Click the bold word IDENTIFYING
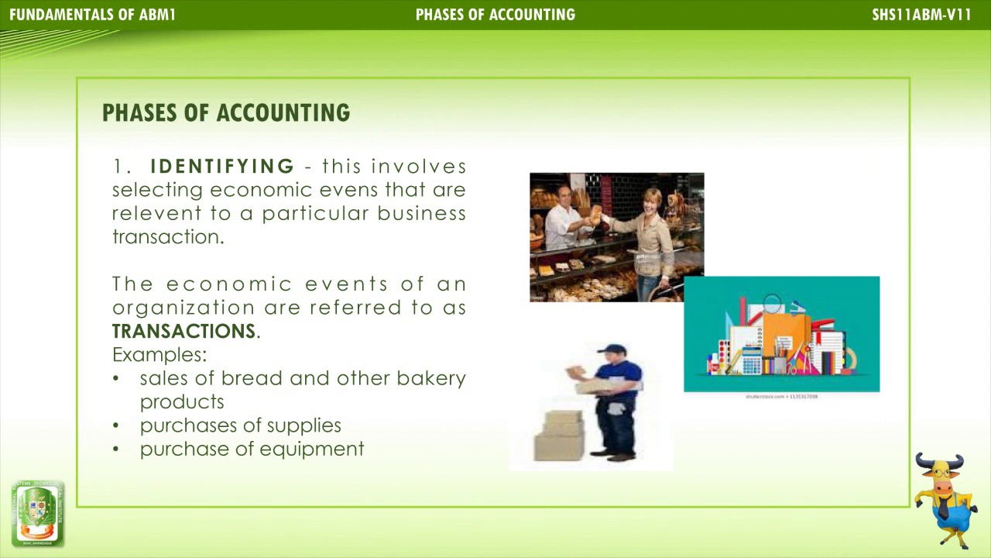click(x=222, y=167)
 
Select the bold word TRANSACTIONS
click(x=183, y=331)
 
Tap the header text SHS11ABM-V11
click(x=921, y=15)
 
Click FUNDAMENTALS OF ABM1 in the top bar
click(x=92, y=15)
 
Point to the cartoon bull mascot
click(x=945, y=500)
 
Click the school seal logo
click(x=37, y=513)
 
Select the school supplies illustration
click(x=781, y=335)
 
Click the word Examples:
click(x=159, y=355)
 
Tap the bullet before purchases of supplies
click(x=116, y=425)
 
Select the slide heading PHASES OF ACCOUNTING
click(x=226, y=113)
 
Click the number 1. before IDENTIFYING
click(x=123, y=167)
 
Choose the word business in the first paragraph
click(x=421, y=213)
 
